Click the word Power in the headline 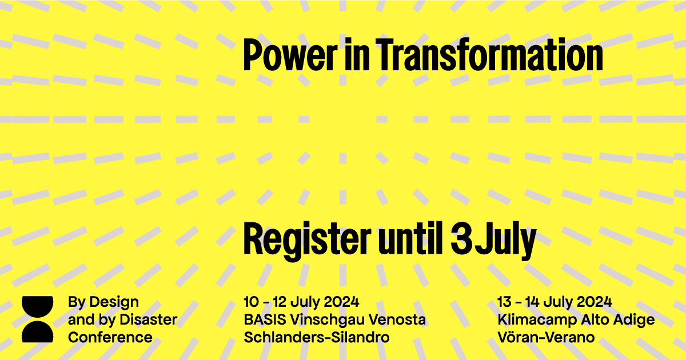[x=290, y=55]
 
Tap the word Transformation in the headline [x=489, y=55]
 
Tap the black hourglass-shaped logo [x=37, y=319]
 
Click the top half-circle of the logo [x=37, y=306]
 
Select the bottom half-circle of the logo [x=37, y=332]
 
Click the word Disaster [x=149, y=319]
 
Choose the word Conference [x=110, y=337]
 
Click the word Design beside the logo [x=114, y=302]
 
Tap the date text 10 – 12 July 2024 [x=301, y=302]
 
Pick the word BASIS [x=265, y=319]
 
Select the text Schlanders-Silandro [x=317, y=337]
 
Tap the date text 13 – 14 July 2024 [x=555, y=302]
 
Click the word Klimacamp [x=537, y=320]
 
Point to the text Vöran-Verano [x=546, y=337]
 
